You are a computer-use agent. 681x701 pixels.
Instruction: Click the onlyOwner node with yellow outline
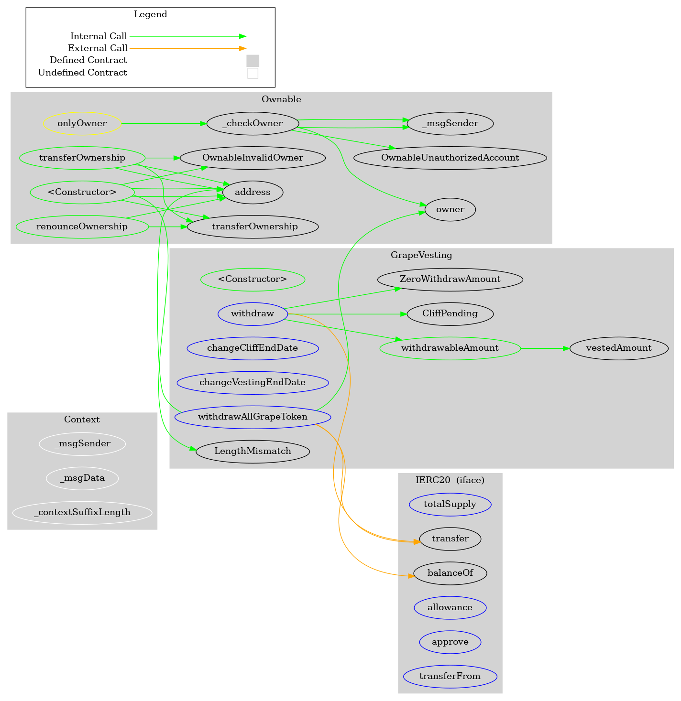[x=82, y=124]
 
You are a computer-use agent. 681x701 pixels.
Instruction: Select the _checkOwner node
[x=253, y=124]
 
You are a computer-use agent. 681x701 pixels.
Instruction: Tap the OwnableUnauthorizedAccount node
[x=450, y=158]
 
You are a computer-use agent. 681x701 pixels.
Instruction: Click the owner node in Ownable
[x=450, y=209]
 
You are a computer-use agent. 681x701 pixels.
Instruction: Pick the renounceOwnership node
[x=82, y=226]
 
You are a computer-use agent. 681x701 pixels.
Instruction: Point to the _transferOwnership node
[x=253, y=226]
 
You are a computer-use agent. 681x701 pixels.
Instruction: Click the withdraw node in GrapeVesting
[x=253, y=314]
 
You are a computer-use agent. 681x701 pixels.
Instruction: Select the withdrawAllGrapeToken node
[x=253, y=417]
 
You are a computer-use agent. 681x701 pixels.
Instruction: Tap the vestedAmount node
[x=619, y=348]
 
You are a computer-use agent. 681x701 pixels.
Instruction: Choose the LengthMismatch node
[x=253, y=452]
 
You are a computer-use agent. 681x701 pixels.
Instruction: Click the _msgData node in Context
[x=82, y=478]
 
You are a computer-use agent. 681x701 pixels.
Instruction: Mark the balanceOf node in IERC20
[x=450, y=573]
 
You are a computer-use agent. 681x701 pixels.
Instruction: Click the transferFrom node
[x=450, y=676]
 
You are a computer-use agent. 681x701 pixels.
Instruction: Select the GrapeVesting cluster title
[x=421, y=255]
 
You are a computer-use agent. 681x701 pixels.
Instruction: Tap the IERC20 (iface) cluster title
[x=450, y=480]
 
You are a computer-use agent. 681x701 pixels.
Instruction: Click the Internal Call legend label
[x=99, y=36]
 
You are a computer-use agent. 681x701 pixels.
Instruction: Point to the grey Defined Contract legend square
[x=253, y=61]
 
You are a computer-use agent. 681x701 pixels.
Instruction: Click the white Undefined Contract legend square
[x=253, y=73]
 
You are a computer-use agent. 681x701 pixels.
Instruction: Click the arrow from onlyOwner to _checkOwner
[x=163, y=124]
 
